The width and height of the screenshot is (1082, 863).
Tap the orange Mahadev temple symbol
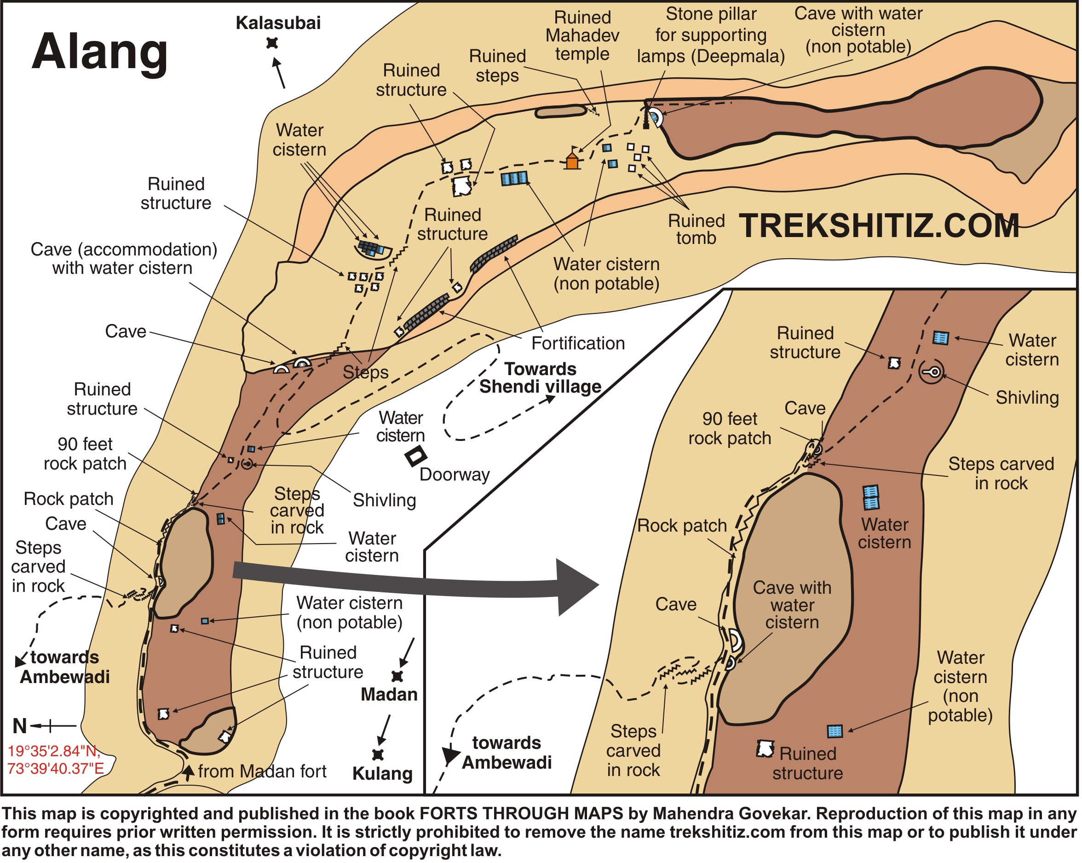pos(573,161)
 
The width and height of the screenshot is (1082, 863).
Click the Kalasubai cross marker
pos(272,43)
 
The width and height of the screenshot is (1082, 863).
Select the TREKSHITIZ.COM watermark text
pos(879,226)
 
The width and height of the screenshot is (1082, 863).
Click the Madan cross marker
pos(397,676)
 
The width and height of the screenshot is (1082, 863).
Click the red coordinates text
pos(55,759)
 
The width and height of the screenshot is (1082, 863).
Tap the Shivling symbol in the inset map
pos(932,372)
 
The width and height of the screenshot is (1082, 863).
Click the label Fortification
pos(578,343)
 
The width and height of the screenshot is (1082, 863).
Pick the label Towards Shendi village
pos(541,378)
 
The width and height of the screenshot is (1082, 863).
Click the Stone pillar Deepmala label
pos(711,35)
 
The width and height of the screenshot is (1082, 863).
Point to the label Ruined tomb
pos(696,229)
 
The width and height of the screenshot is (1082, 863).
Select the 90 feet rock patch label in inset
pos(730,428)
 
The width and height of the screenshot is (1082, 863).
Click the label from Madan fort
pos(262,771)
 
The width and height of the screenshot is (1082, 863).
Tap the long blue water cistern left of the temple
pos(514,178)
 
